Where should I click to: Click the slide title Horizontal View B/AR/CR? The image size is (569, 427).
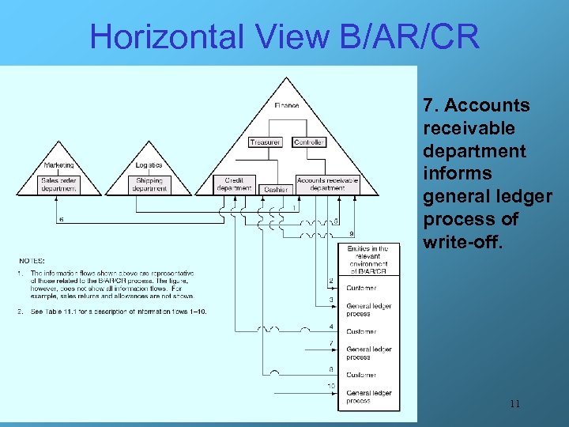click(284, 36)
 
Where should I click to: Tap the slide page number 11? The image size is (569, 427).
click(514, 404)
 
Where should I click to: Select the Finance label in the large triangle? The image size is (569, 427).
click(287, 105)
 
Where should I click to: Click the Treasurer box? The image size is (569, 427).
click(265, 142)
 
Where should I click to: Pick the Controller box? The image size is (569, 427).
click(308, 142)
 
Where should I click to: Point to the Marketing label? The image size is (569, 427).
click(59, 165)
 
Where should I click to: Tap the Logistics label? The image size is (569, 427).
click(149, 165)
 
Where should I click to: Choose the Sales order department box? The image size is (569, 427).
click(59, 184)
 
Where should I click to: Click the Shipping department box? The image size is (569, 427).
click(149, 184)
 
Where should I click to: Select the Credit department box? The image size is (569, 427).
click(234, 184)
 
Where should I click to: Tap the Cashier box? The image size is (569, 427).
click(276, 189)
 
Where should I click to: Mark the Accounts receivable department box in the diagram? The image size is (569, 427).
click(327, 184)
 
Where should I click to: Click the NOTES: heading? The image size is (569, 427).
click(32, 259)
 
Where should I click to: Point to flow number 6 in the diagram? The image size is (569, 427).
click(62, 219)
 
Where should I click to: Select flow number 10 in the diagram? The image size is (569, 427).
click(331, 385)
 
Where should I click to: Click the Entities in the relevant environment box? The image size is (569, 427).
click(368, 259)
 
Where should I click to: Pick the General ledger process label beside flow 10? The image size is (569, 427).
click(368, 397)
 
